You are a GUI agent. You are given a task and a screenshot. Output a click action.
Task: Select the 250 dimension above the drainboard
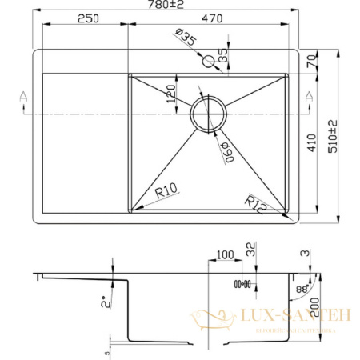tap(89, 20)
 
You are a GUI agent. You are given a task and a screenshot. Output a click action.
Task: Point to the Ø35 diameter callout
tap(185, 38)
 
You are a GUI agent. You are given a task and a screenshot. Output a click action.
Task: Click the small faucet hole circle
tap(210, 61)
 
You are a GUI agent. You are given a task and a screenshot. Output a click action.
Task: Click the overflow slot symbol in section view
tap(241, 284)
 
